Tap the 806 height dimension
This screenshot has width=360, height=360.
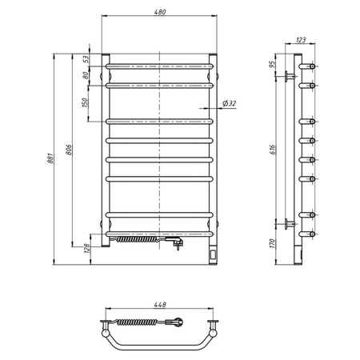point(68,154)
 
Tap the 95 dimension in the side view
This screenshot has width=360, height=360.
point(272,64)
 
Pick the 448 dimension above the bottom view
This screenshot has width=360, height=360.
point(160,305)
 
